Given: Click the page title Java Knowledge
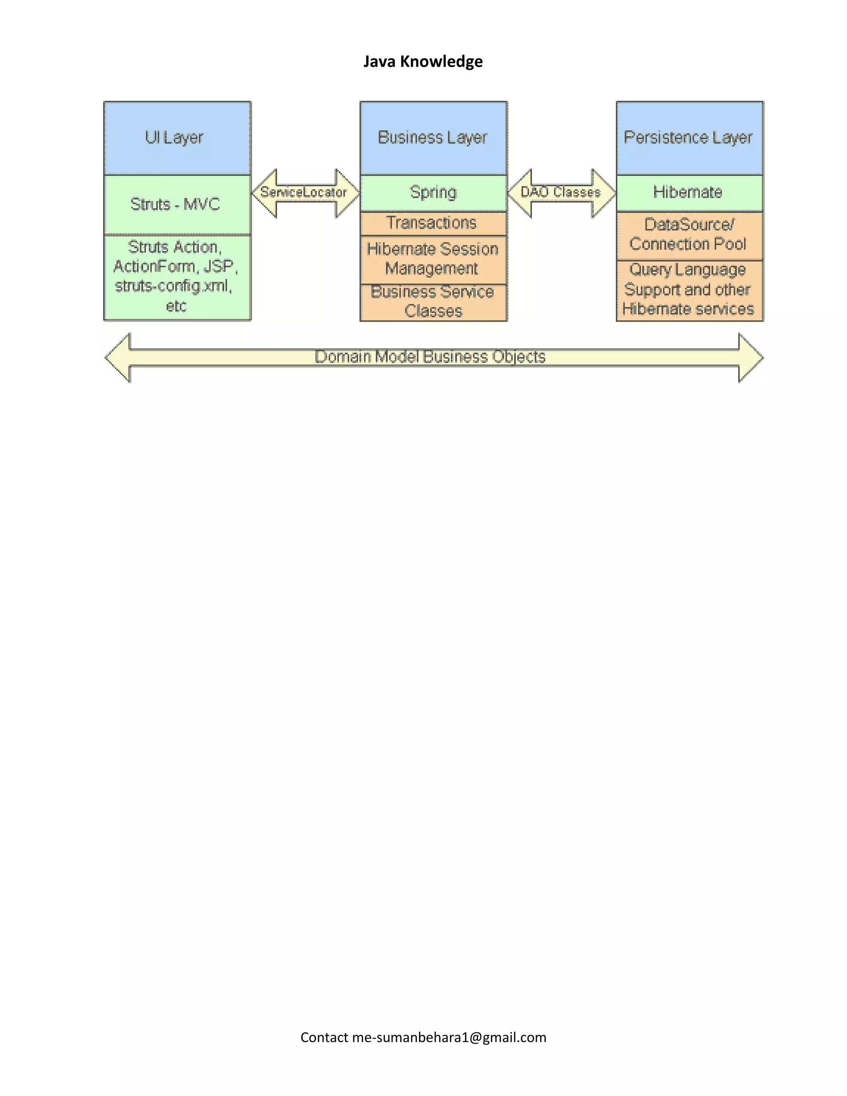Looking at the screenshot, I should pyautogui.click(x=423, y=61).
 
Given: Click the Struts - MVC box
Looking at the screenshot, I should pyautogui.click(x=177, y=204).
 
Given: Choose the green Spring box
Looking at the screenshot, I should pyautogui.click(x=433, y=192).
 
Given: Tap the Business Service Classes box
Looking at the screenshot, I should pyautogui.click(x=433, y=302).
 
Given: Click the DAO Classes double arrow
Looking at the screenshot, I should pyautogui.click(x=561, y=193).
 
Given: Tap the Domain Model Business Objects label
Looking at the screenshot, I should pyautogui.click(x=430, y=357).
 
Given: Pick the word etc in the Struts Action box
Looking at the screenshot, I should pyautogui.click(x=176, y=306).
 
